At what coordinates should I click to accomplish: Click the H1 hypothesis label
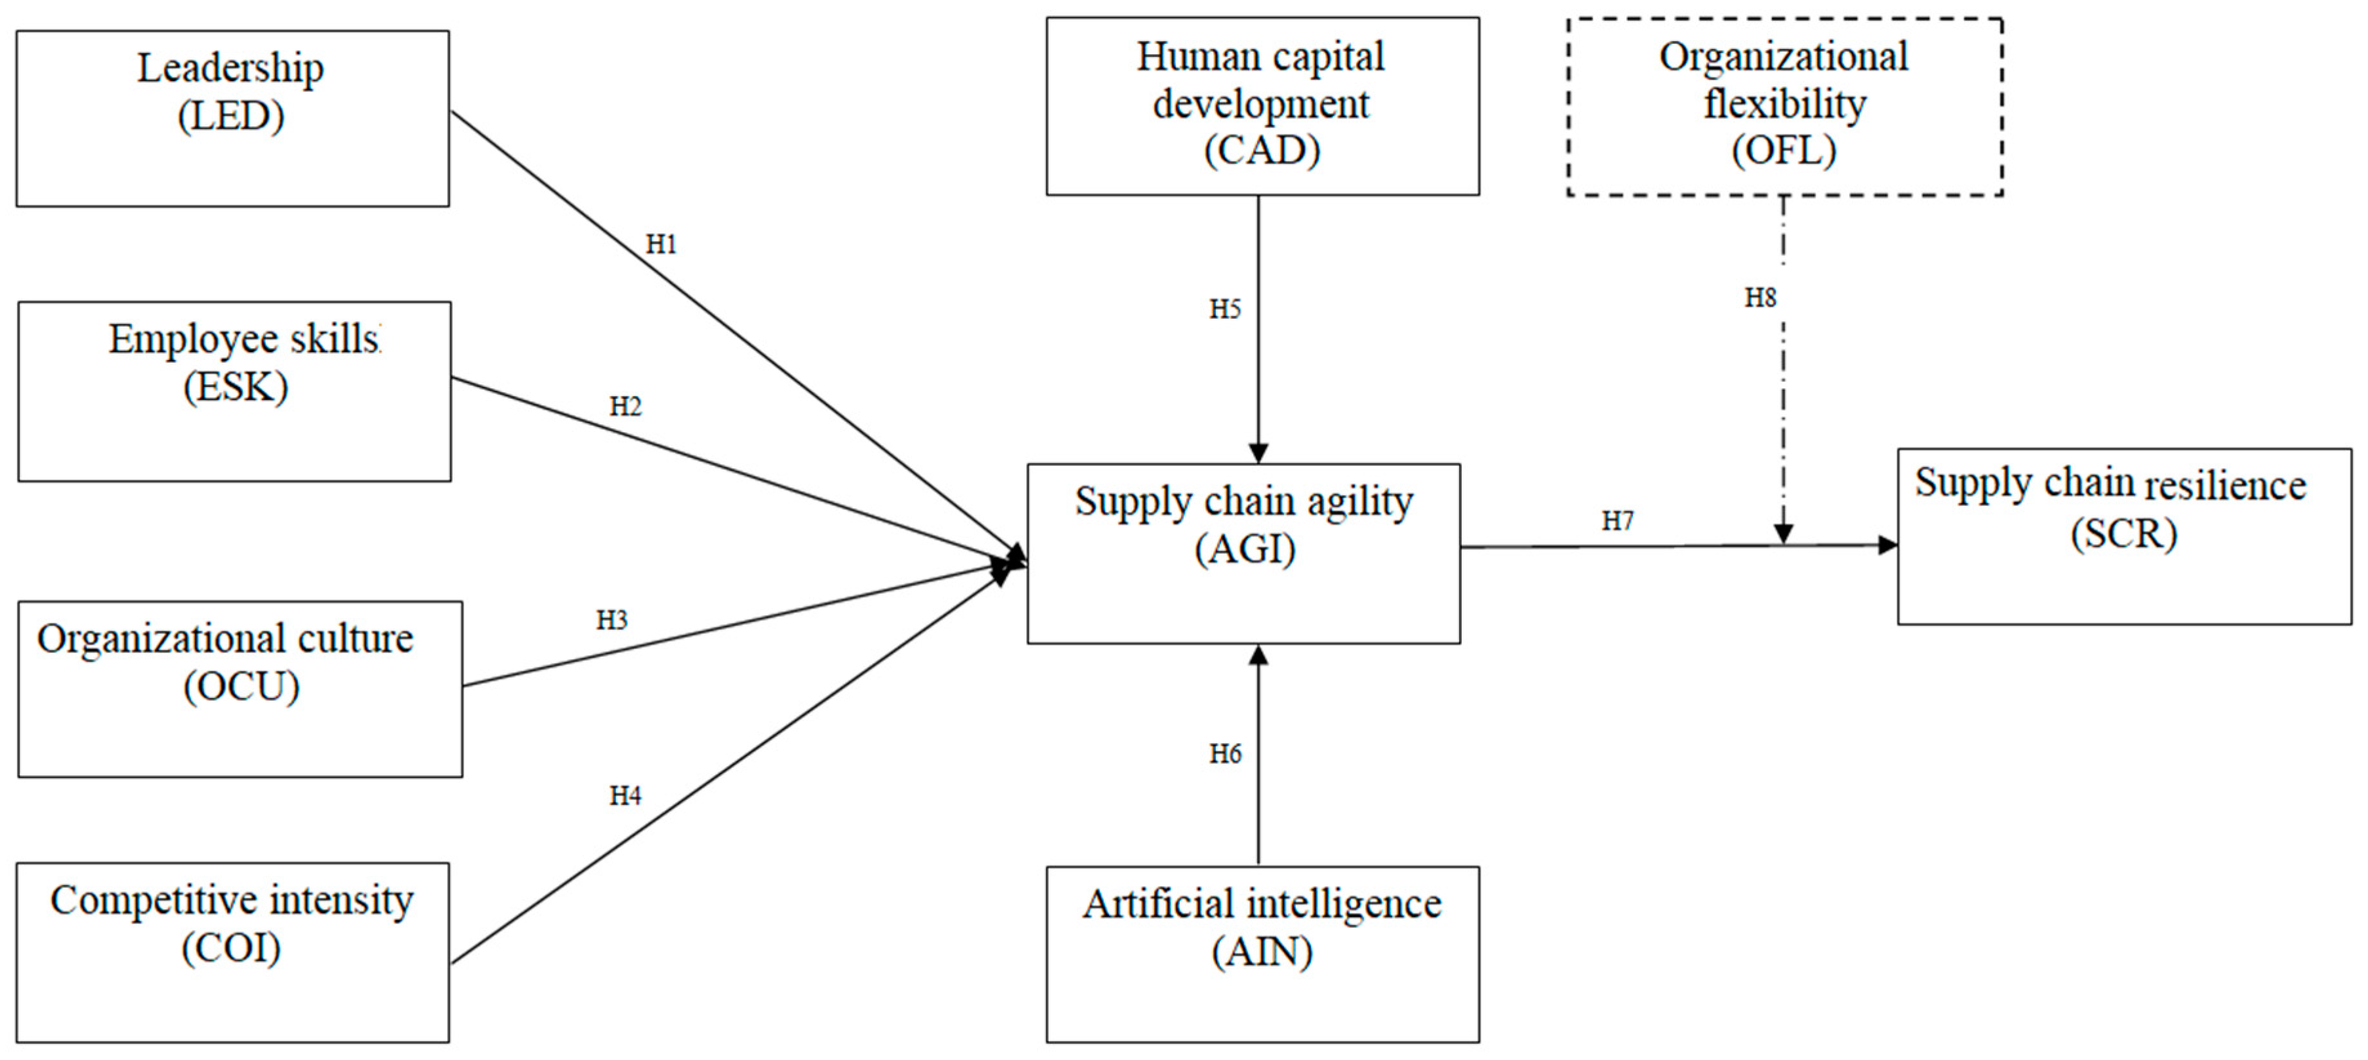tap(661, 245)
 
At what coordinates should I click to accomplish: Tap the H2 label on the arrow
tap(625, 406)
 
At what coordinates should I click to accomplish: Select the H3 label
tap(611, 621)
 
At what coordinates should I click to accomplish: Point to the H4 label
tap(625, 795)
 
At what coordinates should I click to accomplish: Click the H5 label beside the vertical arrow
tap(1224, 309)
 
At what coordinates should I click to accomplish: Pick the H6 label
tap(1224, 754)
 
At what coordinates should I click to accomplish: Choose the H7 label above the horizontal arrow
tap(1617, 521)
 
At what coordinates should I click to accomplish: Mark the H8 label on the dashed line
tap(1760, 298)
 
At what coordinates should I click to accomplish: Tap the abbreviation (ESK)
tap(236, 386)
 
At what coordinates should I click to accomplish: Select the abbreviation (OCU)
tap(241, 686)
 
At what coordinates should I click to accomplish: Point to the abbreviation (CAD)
tap(1262, 150)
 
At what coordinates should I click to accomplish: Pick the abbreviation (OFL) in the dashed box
tap(1784, 150)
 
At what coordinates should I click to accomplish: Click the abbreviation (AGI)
tap(1245, 550)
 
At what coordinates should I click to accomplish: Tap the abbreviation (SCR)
tap(2123, 533)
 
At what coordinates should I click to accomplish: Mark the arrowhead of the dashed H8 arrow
tap(1784, 534)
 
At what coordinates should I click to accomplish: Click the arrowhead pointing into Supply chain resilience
tap(1887, 545)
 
